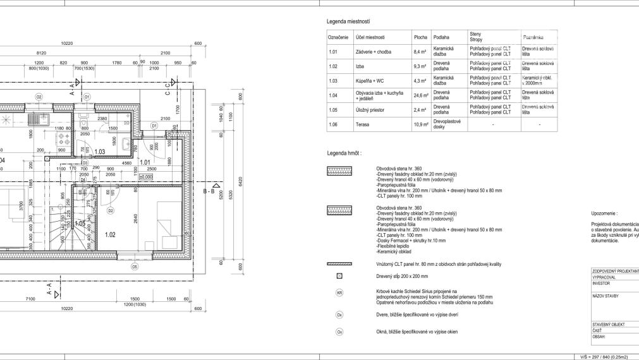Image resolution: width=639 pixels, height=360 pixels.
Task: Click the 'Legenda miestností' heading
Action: point(348,21)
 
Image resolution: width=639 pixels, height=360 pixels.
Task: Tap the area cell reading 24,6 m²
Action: point(420,95)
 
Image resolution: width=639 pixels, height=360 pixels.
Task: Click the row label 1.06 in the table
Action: point(334,124)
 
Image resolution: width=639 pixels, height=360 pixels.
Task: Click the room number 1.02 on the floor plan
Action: point(110,234)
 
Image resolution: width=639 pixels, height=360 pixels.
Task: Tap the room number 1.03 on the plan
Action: point(99,152)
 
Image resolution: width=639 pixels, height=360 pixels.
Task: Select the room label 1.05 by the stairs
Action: point(80,224)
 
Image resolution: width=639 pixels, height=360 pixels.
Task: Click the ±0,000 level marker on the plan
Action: point(146,177)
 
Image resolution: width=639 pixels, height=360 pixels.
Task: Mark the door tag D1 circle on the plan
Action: point(154,126)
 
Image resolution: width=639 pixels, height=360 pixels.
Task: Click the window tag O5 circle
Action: point(134,267)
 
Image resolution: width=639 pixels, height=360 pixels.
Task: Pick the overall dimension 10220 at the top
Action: point(67,43)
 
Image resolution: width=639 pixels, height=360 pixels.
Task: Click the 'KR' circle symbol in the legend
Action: point(339,293)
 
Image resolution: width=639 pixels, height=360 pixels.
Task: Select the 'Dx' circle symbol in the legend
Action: point(339,314)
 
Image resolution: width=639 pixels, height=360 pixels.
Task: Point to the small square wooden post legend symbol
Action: point(339,276)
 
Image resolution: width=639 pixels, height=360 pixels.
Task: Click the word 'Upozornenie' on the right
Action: point(604,214)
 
